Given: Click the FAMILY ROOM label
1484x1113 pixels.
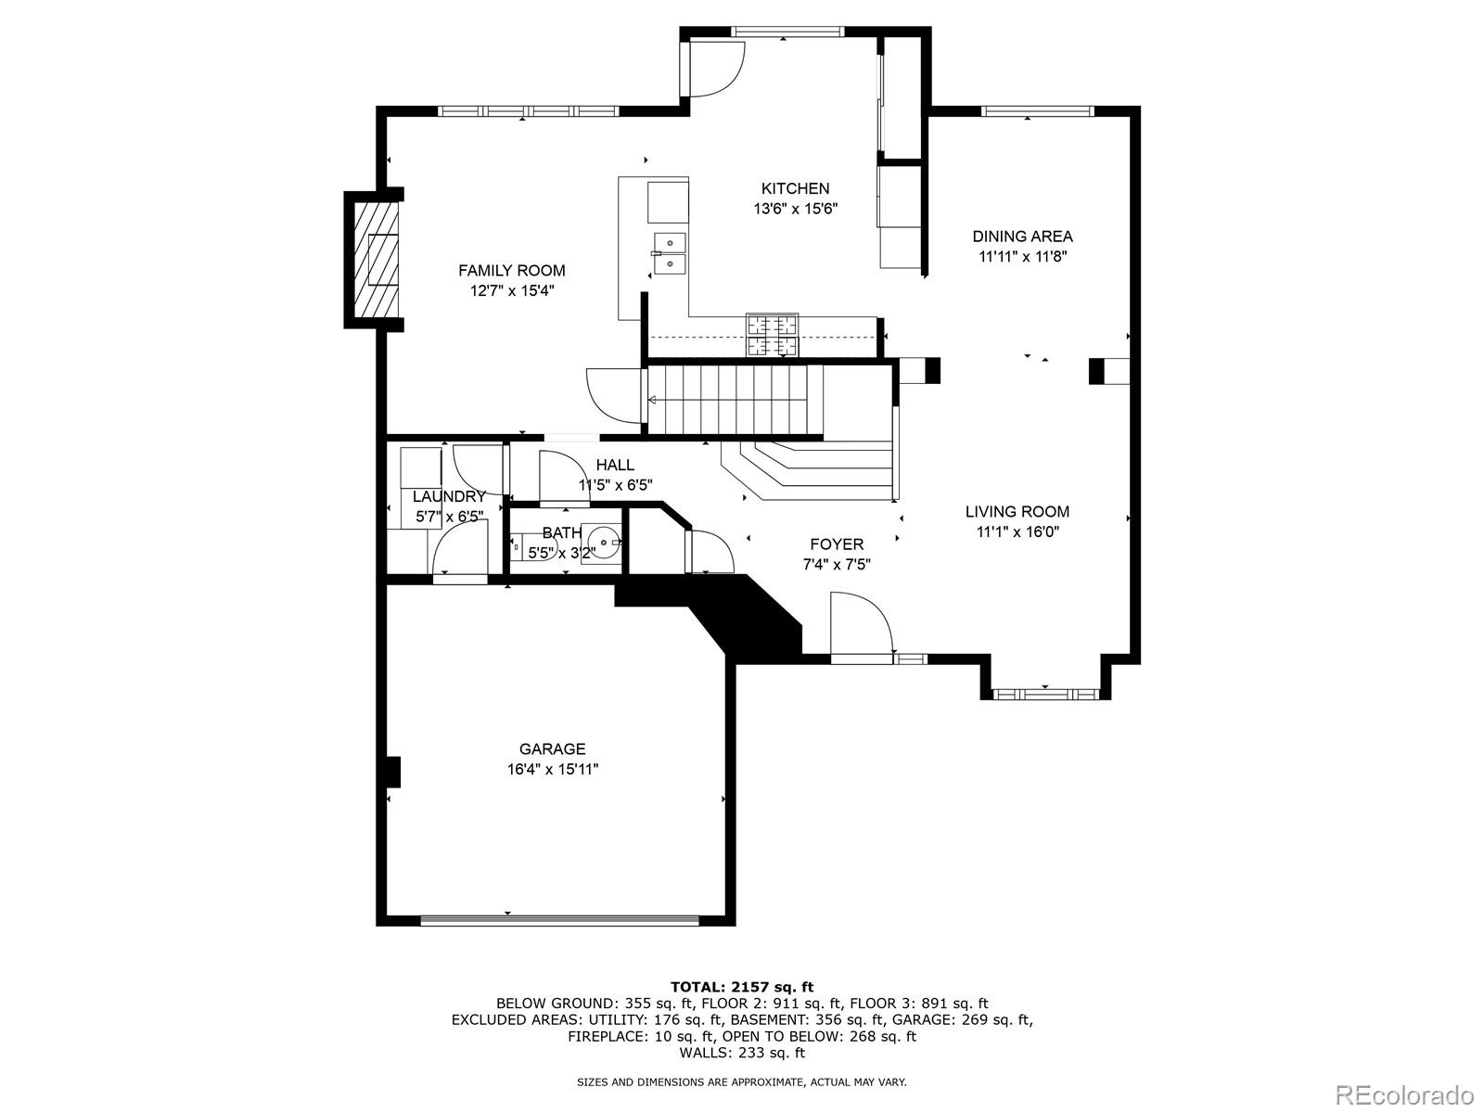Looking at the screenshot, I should (511, 271).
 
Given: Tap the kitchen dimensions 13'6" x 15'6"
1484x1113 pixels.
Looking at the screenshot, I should (795, 210).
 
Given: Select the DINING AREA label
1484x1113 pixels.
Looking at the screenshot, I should (1022, 237).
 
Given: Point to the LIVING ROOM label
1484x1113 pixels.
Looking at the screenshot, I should (1017, 511).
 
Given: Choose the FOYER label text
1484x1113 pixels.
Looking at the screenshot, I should (836, 544).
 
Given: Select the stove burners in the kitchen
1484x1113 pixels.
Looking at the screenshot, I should (772, 336).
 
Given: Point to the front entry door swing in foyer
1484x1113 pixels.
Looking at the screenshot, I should (860, 627).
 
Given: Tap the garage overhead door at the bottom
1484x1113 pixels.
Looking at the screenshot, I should (559, 921).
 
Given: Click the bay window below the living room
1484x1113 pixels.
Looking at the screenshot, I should (1045, 693).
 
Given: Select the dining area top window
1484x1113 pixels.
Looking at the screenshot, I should (1037, 111).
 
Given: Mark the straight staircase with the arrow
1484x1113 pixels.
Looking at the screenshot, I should (733, 400).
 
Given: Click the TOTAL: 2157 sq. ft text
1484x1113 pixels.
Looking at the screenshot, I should (741, 987).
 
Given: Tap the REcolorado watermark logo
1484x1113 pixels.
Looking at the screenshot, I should (1403, 1094).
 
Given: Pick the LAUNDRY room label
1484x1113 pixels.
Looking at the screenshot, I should (449, 497).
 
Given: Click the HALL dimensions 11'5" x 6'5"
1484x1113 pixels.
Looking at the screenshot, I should (616, 485).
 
